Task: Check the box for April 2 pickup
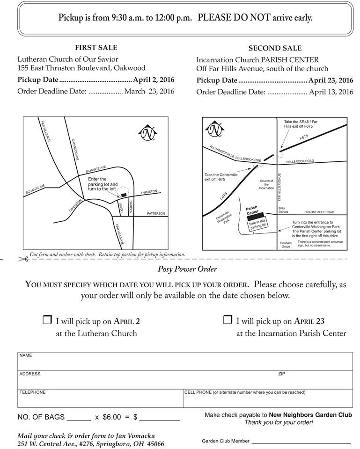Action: (47, 320)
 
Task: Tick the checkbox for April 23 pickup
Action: (228, 320)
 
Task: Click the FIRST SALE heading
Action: (96, 48)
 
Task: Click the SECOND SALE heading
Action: (275, 48)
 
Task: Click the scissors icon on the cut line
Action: (23, 258)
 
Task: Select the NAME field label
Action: (26, 355)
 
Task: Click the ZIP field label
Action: (281, 374)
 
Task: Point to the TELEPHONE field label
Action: (33, 392)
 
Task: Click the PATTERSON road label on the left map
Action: (156, 214)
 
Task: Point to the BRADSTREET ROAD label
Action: (319, 212)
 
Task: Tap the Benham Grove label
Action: (285, 245)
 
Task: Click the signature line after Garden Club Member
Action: (301, 442)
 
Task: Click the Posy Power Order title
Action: (187, 269)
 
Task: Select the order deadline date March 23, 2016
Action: (149, 91)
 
